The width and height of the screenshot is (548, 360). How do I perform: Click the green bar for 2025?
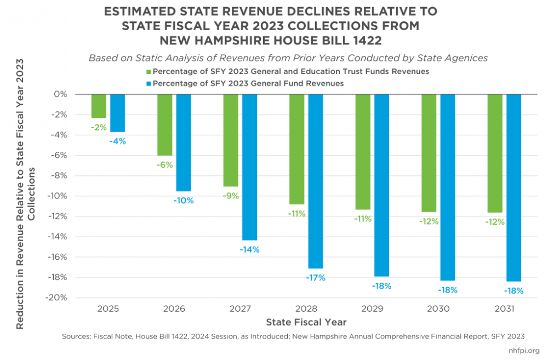point(99,106)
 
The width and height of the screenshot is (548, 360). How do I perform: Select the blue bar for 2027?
point(249,167)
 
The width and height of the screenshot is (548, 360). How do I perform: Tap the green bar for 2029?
point(363,152)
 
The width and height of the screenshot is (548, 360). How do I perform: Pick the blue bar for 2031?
point(513,187)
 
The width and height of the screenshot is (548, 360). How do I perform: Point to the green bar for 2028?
point(296,149)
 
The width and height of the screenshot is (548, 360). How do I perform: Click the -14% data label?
point(249,249)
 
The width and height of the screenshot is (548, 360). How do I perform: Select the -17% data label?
point(316,278)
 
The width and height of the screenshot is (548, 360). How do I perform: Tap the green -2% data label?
point(99,127)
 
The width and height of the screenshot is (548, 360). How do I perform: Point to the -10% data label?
point(184,201)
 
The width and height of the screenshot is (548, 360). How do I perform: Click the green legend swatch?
point(149,72)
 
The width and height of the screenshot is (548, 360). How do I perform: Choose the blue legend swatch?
point(149,83)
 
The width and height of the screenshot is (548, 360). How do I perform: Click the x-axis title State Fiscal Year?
point(306,322)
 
